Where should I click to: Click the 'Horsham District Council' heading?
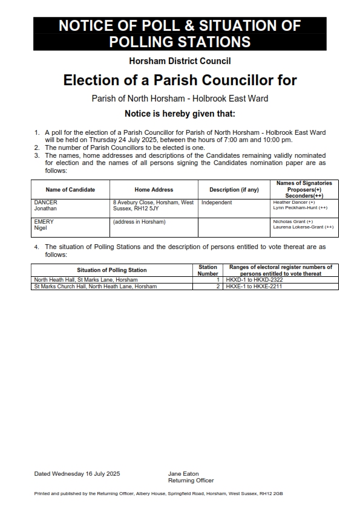pyautogui.click(x=180, y=61)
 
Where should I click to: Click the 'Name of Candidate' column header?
pyautogui.click(x=70, y=190)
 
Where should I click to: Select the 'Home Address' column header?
pyautogui.click(x=154, y=190)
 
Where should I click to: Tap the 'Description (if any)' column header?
pyautogui.click(x=234, y=190)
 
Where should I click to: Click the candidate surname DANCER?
pyautogui.click(x=45, y=203)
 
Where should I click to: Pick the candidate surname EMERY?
pyautogui.click(x=44, y=222)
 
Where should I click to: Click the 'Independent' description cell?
pyautogui.click(x=217, y=203)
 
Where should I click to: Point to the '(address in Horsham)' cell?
pyautogui.click(x=139, y=222)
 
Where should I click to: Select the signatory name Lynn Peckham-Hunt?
pyautogui.click(x=300, y=208)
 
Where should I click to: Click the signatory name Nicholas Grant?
pyautogui.click(x=293, y=222)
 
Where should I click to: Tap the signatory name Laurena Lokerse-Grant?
pyautogui.click(x=303, y=227)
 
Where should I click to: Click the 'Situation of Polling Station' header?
pyautogui.click(x=111, y=270)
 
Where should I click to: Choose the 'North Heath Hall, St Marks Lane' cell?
pyautogui.click(x=86, y=280)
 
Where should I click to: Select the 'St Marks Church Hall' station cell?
pyautogui.click(x=96, y=287)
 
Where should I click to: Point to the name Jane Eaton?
pyautogui.click(x=183, y=473)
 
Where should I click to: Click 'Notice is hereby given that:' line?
pyautogui.click(x=180, y=114)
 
